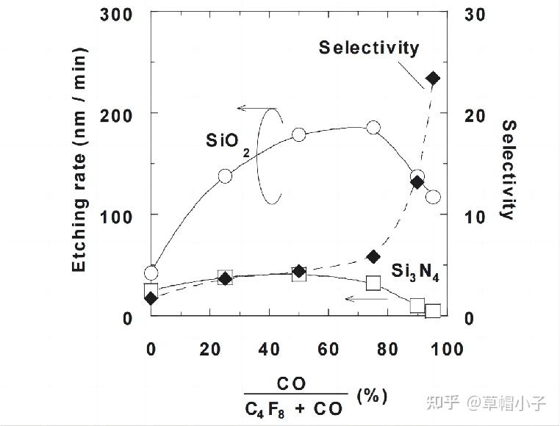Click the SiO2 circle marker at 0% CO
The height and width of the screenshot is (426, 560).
tap(151, 273)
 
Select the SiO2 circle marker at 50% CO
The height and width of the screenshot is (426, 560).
tap(299, 134)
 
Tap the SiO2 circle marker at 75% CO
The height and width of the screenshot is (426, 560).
tap(373, 127)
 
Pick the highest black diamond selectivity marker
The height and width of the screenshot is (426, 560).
tap(432, 79)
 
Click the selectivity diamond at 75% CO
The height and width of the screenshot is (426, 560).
tap(373, 256)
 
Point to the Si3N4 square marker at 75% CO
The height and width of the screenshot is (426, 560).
tap(373, 283)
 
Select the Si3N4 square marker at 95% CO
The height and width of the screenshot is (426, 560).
tap(433, 311)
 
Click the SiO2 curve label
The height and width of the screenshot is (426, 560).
tap(227, 141)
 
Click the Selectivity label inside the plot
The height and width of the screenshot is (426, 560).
tap(369, 48)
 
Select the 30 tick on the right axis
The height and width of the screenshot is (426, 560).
tap(475, 13)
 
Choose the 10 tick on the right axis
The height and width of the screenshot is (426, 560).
tap(475, 216)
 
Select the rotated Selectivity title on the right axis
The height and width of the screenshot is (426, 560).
tap(508, 170)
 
